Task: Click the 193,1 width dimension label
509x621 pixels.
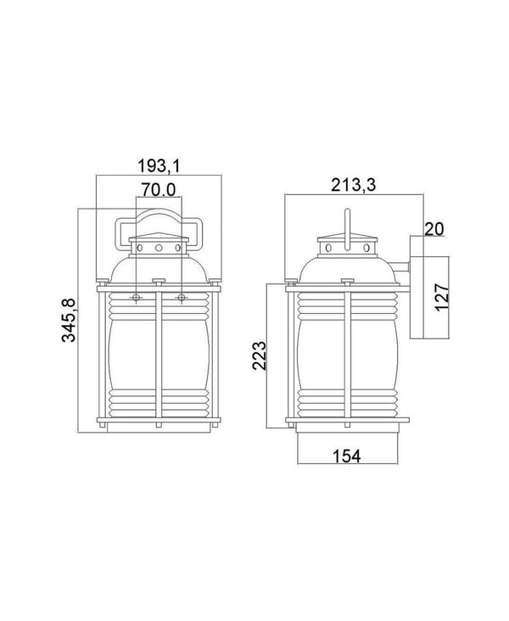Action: tap(159, 165)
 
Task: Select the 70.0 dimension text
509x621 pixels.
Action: tap(159, 190)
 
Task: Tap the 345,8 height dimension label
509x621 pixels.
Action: tap(69, 321)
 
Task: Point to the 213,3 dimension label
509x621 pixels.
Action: tap(353, 185)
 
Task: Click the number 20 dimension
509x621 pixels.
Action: tap(434, 229)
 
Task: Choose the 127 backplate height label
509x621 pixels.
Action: tap(442, 298)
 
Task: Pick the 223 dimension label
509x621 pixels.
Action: tap(260, 355)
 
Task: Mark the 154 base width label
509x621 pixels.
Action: tap(347, 456)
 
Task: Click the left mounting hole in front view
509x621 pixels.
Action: tap(136, 298)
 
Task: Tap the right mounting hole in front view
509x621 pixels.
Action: tap(182, 298)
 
